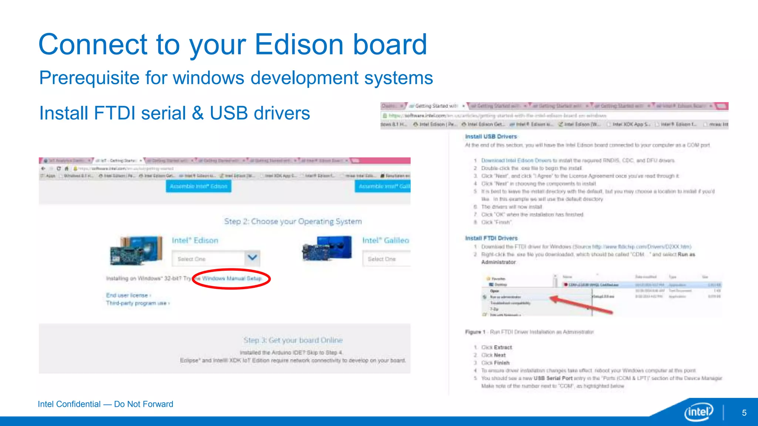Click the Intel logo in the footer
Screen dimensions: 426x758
pyautogui.click(x=699, y=412)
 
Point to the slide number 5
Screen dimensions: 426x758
pyautogui.click(x=744, y=413)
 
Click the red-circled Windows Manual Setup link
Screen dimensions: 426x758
pyautogui.click(x=232, y=278)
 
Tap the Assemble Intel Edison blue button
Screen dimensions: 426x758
pyautogui.click(x=199, y=186)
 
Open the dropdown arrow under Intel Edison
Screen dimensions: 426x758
pyautogui.click(x=252, y=258)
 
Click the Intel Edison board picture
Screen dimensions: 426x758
pyautogui.click(x=137, y=250)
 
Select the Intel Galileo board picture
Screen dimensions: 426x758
pyautogui.click(x=327, y=248)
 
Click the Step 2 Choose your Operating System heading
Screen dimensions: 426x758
pyautogui.click(x=293, y=222)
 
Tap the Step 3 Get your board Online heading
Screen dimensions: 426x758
pyautogui.click(x=293, y=340)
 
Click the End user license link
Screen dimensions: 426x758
pyautogui.click(x=128, y=295)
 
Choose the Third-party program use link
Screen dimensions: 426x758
pyautogui.click(x=137, y=303)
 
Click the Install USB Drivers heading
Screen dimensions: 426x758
pyautogui.click(x=491, y=136)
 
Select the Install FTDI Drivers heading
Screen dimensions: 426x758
pyautogui.click(x=491, y=238)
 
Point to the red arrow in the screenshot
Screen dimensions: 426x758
pyautogui.click(x=581, y=305)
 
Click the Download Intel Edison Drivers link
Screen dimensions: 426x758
pyautogui.click(x=516, y=160)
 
